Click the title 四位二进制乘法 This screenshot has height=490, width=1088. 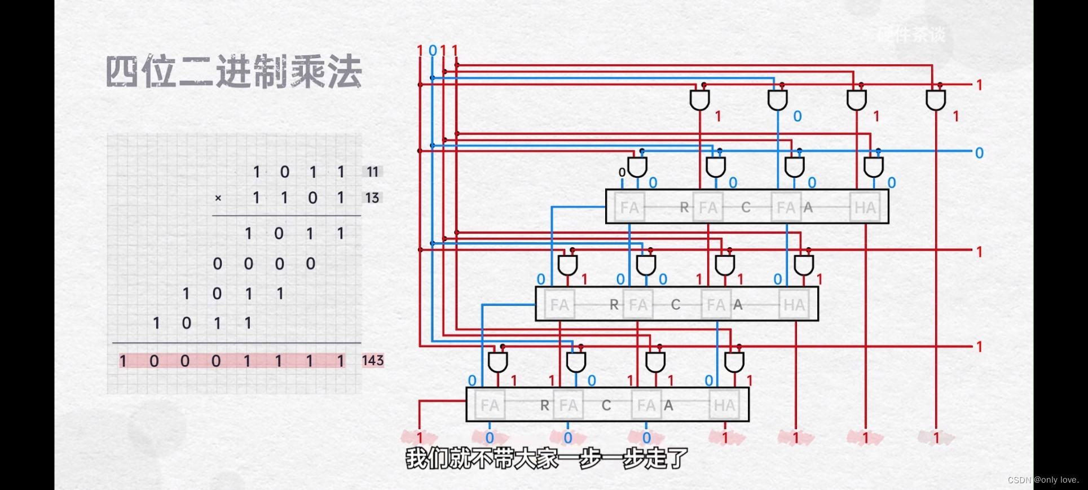(x=234, y=72)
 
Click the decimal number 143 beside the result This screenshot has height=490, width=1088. (x=372, y=360)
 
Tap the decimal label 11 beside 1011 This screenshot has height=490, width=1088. (x=372, y=172)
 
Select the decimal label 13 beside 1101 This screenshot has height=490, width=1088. (x=372, y=198)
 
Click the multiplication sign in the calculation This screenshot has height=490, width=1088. (x=218, y=198)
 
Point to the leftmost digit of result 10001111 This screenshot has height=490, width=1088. (x=123, y=361)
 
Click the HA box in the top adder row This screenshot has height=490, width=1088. (x=865, y=208)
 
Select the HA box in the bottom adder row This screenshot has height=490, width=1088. (x=724, y=405)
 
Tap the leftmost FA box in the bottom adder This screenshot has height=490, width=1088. (x=490, y=405)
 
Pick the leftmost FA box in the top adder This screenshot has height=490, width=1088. (x=629, y=208)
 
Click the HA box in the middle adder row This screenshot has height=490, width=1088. (x=794, y=305)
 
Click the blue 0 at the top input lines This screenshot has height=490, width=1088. (x=433, y=51)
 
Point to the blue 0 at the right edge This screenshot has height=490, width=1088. (x=979, y=153)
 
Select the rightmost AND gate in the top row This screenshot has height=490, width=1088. (x=935, y=100)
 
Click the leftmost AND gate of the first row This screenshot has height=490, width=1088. (x=699, y=100)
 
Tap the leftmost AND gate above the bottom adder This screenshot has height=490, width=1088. (x=497, y=361)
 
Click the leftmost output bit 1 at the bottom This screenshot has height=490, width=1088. (x=419, y=438)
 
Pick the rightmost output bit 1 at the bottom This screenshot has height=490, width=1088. (x=936, y=438)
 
